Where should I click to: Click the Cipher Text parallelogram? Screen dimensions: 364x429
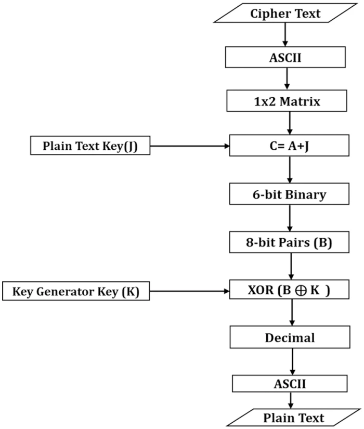pyautogui.click(x=285, y=13)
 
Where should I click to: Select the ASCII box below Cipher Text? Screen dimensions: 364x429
pyautogui.click(x=285, y=57)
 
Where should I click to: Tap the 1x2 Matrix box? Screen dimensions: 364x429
pyautogui.click(x=287, y=101)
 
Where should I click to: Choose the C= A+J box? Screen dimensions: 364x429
pyautogui.click(x=289, y=145)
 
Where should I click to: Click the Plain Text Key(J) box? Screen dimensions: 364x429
pyautogui.click(x=90, y=146)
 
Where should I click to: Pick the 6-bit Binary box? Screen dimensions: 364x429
pyautogui.click(x=289, y=194)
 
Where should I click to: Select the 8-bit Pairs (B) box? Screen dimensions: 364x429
pyautogui.click(x=289, y=242)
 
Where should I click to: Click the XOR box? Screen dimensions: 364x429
pyautogui.click(x=289, y=290)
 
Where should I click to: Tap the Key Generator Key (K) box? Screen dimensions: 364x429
pyautogui.click(x=76, y=291)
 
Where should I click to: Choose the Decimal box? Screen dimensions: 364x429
pyautogui.click(x=290, y=337)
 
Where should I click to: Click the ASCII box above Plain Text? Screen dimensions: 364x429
pyautogui.click(x=290, y=384)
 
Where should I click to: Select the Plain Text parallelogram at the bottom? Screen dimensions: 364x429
pyautogui.click(x=293, y=418)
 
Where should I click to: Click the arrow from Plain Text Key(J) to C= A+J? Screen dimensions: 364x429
pyautogui.click(x=190, y=146)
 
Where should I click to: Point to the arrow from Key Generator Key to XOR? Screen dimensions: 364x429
pyautogui.click(x=189, y=291)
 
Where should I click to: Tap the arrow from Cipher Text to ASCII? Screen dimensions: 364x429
pyautogui.click(x=285, y=34)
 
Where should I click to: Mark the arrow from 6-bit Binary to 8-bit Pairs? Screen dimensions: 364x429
pyautogui.click(x=290, y=218)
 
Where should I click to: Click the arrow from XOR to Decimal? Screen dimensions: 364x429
pyautogui.click(x=292, y=312)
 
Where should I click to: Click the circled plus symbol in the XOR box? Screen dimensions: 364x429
pyautogui.click(x=301, y=291)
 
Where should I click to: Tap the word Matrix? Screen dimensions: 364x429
pyautogui.click(x=300, y=101)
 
